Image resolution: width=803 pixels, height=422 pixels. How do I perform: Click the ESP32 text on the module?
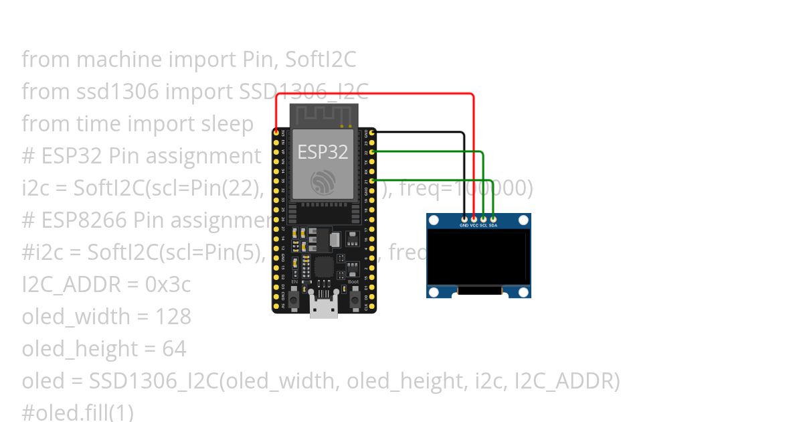pyautogui.click(x=323, y=152)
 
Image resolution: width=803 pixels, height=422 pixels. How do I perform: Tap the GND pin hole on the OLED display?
pyautogui.click(x=464, y=218)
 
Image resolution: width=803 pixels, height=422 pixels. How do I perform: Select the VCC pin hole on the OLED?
pyautogui.click(x=474, y=218)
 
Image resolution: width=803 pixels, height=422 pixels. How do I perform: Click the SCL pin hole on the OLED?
pyautogui.click(x=483, y=218)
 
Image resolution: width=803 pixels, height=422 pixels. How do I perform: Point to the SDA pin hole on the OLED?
pyautogui.click(x=493, y=218)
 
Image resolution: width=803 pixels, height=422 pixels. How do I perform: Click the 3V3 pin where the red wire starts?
pyautogui.click(x=276, y=133)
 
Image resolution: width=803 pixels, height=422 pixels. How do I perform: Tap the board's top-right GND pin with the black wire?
pyautogui.click(x=372, y=133)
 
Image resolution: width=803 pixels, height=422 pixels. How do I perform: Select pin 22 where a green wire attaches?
pyautogui.click(x=372, y=152)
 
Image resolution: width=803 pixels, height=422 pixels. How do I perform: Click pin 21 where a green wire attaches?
pyautogui.click(x=372, y=181)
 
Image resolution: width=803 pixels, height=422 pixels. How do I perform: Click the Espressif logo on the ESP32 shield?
pyautogui.click(x=323, y=181)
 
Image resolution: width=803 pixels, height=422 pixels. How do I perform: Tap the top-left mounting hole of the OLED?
pyautogui.click(x=434, y=220)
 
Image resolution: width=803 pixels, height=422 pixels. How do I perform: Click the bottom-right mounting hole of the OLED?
pyautogui.click(x=524, y=292)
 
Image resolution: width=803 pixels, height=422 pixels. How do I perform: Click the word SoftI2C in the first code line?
pyautogui.click(x=321, y=60)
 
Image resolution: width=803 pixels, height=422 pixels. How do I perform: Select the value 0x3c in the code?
pyautogui.click(x=168, y=285)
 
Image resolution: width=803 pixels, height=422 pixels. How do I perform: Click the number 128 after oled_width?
pyautogui.click(x=173, y=317)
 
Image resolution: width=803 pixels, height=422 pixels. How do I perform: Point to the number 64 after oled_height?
pyautogui.click(x=173, y=349)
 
